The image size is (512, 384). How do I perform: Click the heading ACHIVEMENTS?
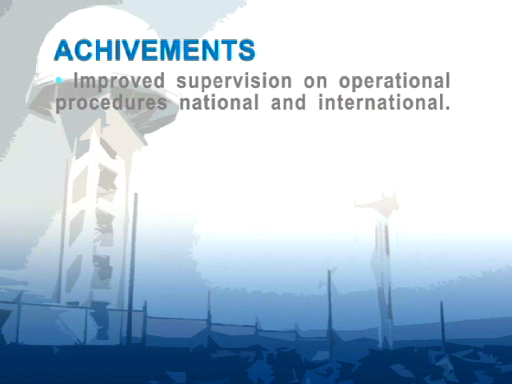[154, 50]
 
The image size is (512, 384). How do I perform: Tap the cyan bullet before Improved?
[59, 80]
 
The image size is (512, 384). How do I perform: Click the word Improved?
[119, 82]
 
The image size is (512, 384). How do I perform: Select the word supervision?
[234, 82]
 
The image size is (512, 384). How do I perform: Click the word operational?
[394, 82]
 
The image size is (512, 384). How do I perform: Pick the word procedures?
[111, 103]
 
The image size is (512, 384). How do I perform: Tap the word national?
[219, 102]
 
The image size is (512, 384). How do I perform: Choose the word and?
[289, 102]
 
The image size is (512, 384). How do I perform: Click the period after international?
[447, 108]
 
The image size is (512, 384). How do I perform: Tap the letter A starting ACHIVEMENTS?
[64, 50]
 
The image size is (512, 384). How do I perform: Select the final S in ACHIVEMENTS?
[246, 50]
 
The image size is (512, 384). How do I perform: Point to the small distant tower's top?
[378, 204]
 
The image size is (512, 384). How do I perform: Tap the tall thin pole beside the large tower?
[133, 268]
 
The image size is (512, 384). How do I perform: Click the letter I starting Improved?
[77, 81]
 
